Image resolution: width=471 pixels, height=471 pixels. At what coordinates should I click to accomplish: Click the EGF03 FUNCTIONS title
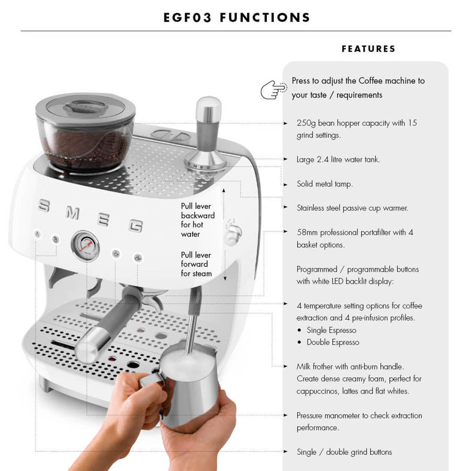click(237, 17)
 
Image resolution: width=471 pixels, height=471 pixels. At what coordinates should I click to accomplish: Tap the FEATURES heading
click(368, 49)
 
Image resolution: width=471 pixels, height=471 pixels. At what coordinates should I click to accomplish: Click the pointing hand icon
click(273, 89)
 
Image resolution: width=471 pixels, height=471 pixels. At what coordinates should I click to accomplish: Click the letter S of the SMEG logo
click(43, 206)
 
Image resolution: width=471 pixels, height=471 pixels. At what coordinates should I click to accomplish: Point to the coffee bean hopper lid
click(85, 105)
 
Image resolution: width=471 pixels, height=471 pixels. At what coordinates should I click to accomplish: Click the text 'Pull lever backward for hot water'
click(198, 220)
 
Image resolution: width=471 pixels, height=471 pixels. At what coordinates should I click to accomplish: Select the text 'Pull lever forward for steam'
click(196, 264)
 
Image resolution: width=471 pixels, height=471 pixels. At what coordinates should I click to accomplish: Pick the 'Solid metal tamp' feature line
click(324, 184)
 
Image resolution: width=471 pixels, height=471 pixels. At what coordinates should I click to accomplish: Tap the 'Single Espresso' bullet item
click(331, 330)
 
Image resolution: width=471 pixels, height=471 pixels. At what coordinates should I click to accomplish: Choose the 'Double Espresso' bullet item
click(333, 342)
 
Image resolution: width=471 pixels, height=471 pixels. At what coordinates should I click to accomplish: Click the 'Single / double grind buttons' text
click(344, 452)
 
